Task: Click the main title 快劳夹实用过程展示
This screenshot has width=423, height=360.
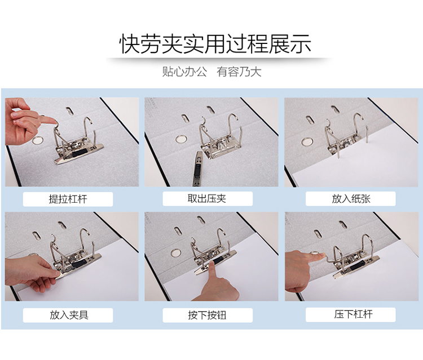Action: coord(215,44)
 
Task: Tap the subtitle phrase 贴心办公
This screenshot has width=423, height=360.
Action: coord(184,72)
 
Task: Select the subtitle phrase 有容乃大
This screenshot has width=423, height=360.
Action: coord(239,72)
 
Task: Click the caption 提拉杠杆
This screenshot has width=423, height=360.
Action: coord(68,199)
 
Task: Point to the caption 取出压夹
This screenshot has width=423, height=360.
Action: coord(207,199)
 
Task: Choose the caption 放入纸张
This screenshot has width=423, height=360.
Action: coord(351,199)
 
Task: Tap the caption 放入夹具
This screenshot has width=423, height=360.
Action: coord(69,315)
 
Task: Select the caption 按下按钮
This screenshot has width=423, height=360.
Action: coord(207,315)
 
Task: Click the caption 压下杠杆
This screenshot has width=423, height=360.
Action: coord(354,314)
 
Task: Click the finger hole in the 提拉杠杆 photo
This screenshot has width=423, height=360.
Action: coord(37,140)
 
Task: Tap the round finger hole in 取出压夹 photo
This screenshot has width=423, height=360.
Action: coord(180,139)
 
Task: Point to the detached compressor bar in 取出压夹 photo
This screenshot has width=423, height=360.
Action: coord(198,169)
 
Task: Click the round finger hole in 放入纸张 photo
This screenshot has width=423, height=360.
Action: coord(307,142)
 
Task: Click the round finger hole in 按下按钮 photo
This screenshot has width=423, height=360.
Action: coord(176,253)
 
